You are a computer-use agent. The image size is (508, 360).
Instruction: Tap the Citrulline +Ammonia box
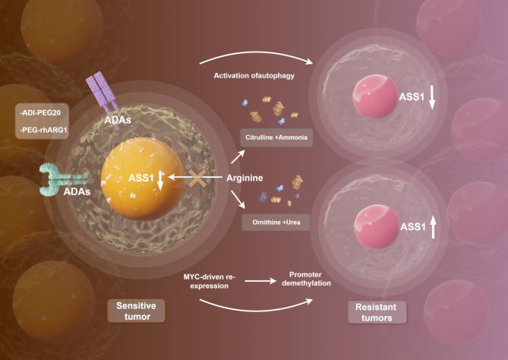pyautogui.click(x=275, y=138)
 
